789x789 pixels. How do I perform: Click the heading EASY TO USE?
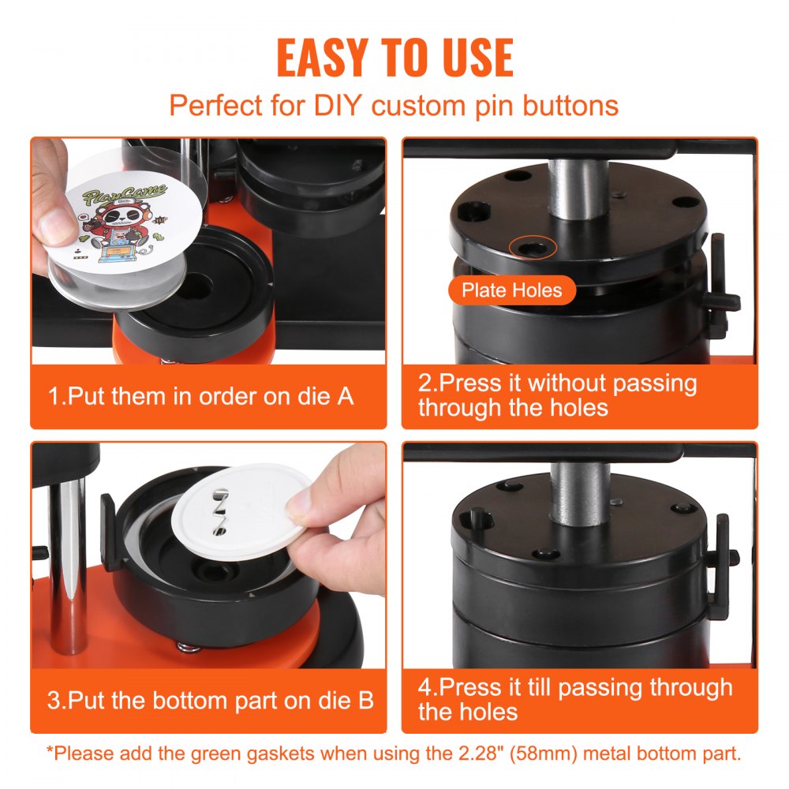click(394, 57)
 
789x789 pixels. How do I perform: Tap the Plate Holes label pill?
click(512, 290)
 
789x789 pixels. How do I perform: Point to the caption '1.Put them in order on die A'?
click(201, 395)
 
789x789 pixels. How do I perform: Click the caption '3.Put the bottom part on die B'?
click(210, 700)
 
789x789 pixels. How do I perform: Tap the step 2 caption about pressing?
click(557, 395)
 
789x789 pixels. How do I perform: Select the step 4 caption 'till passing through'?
click(574, 699)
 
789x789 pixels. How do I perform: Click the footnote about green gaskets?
click(394, 753)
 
